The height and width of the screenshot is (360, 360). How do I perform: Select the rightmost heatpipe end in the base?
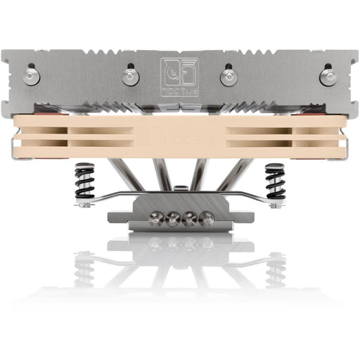pos(206,219)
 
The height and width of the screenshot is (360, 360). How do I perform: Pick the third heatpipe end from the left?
pos(190,219)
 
